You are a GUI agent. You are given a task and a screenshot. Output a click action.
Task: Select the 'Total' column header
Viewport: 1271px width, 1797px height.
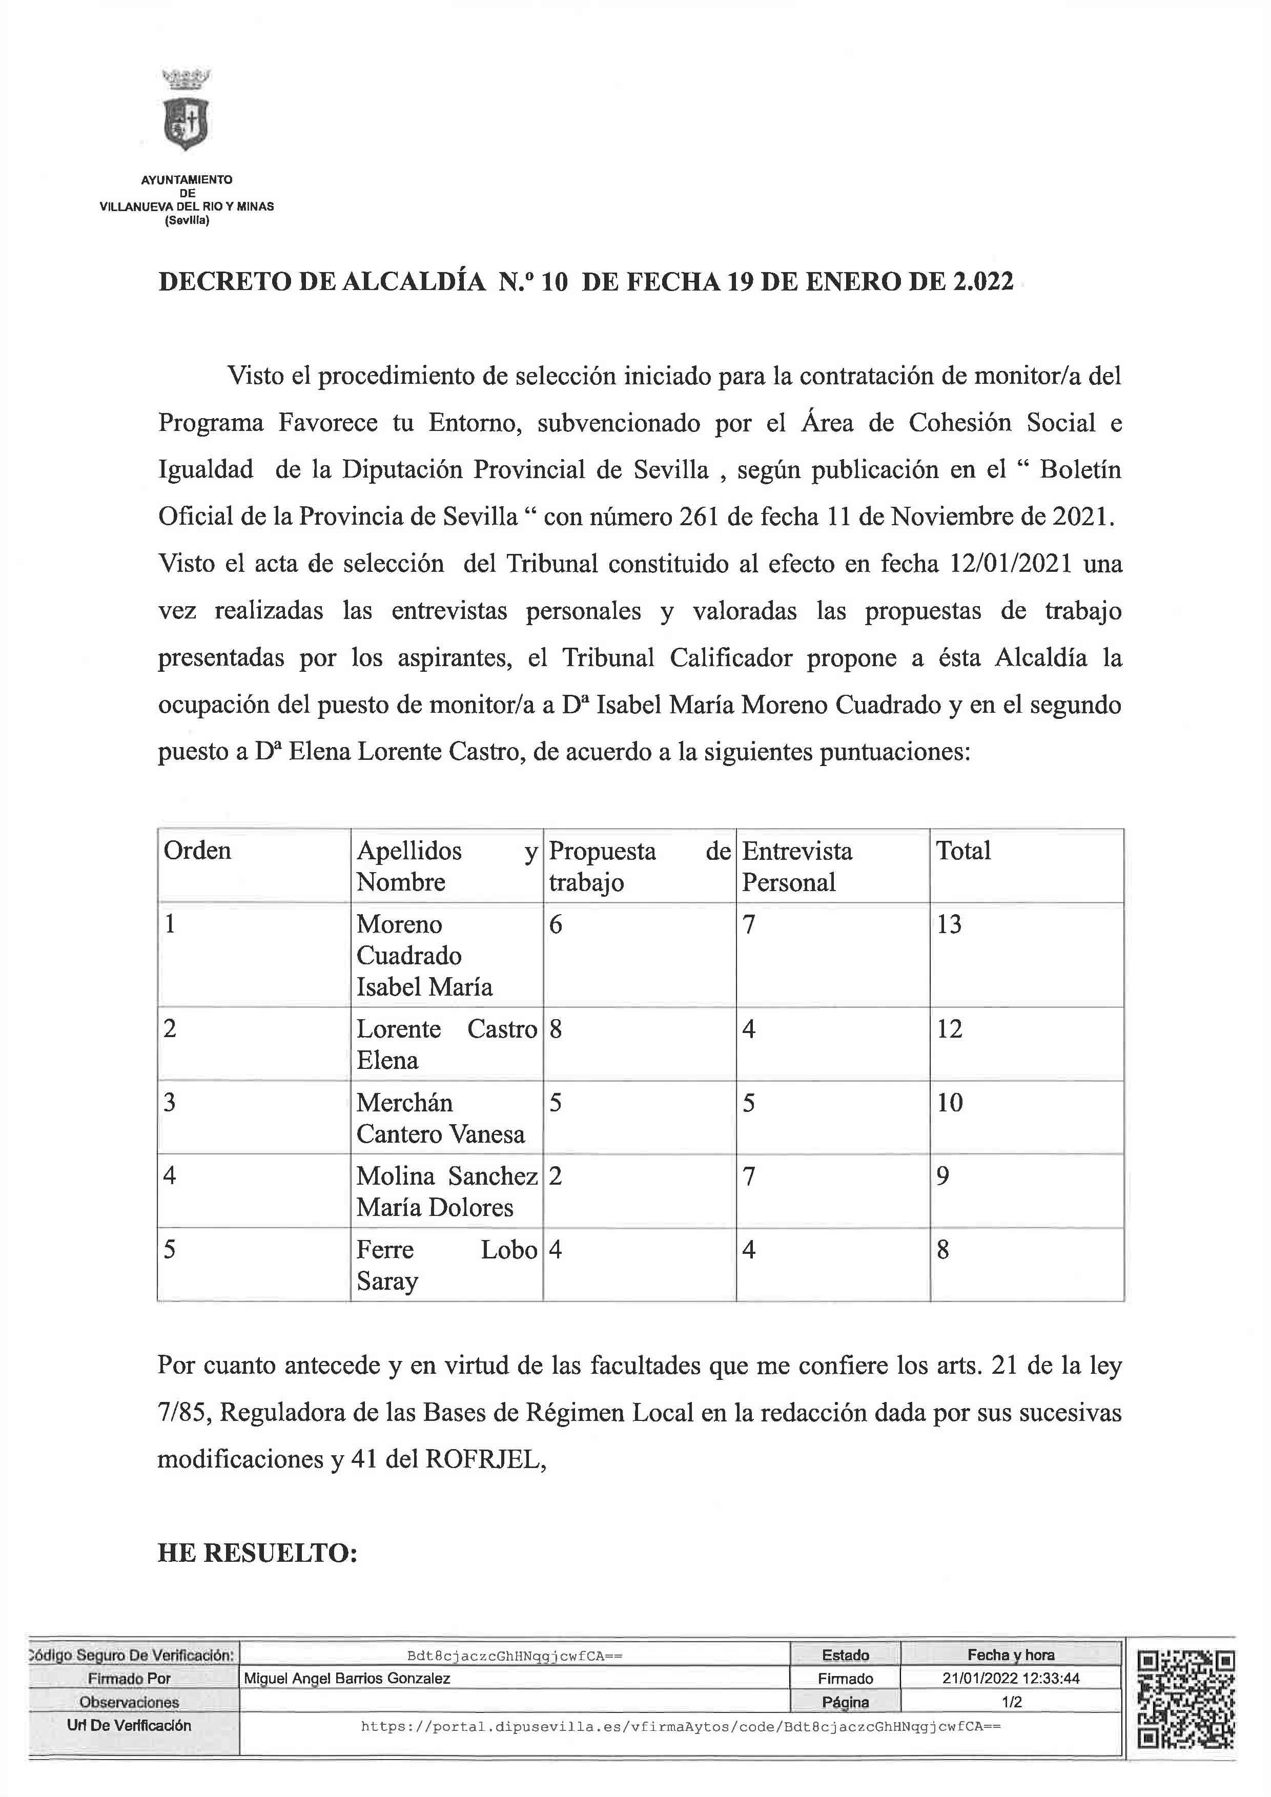pyautogui.click(x=963, y=851)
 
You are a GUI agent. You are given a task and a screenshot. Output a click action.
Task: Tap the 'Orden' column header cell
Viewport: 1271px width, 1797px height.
pyautogui.click(x=197, y=851)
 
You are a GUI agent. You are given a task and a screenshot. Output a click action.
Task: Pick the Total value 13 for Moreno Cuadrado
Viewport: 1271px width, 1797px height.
pyautogui.click(x=949, y=924)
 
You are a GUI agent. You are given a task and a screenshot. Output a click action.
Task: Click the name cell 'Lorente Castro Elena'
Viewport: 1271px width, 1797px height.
pyautogui.click(x=446, y=1044)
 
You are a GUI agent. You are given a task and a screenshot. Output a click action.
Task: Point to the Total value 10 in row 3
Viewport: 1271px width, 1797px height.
pyautogui.click(x=949, y=1103)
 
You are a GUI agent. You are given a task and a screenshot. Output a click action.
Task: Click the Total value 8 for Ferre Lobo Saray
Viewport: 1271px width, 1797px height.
pyautogui.click(x=943, y=1250)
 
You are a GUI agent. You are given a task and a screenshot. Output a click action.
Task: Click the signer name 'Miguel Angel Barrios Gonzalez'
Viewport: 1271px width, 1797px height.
pyautogui.click(x=347, y=1678)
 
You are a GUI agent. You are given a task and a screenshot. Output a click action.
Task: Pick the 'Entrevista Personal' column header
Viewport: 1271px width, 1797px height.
pyautogui.click(x=797, y=866)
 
